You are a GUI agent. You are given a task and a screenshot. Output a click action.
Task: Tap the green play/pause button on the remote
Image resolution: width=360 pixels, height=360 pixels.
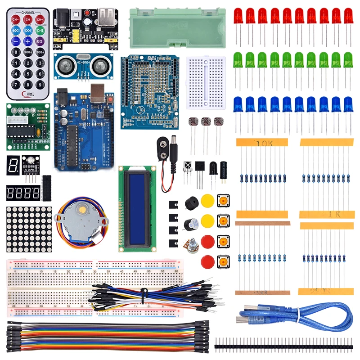coord(40,31)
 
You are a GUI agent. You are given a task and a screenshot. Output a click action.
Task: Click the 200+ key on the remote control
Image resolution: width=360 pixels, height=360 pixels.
coord(40,52)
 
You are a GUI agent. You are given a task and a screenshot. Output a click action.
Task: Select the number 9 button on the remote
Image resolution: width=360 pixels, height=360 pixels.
coord(40,84)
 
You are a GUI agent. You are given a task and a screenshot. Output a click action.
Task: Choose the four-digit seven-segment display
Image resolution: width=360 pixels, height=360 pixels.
coord(23,193)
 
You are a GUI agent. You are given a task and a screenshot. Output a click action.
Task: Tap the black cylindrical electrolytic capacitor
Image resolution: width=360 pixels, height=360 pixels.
coord(224,168)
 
